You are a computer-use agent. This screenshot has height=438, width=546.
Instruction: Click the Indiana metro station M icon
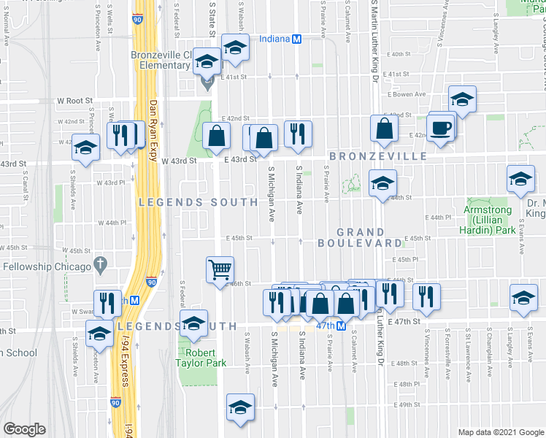[x=297, y=40]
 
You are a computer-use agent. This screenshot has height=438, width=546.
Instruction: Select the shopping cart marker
[x=220, y=269]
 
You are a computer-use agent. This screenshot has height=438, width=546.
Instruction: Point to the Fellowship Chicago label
[x=50, y=266]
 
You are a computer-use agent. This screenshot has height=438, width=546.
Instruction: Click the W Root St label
[x=76, y=101]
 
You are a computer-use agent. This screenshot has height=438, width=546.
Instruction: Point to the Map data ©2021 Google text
[x=501, y=432]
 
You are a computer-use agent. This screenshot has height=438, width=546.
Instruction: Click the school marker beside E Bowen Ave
[x=462, y=99]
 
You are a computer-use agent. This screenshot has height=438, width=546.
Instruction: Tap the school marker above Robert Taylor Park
[x=193, y=323]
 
